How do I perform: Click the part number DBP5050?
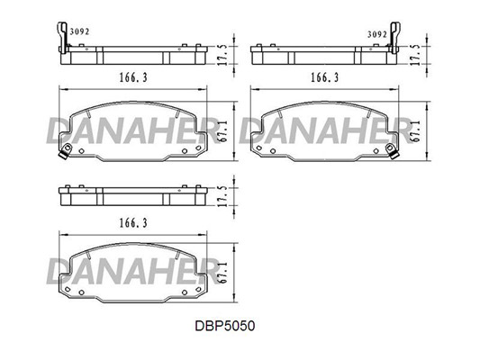(x=225, y=326)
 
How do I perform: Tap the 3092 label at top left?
(x=79, y=31)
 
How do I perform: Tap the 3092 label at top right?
(x=377, y=34)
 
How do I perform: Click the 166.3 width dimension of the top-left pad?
(x=133, y=77)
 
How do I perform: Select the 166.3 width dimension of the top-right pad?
(x=325, y=77)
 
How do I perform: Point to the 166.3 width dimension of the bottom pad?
(x=133, y=223)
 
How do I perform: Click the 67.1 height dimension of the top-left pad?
(x=222, y=130)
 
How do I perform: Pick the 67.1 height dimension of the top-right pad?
(x=415, y=130)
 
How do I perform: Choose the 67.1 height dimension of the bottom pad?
(x=222, y=272)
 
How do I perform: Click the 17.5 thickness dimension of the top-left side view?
(x=222, y=55)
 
